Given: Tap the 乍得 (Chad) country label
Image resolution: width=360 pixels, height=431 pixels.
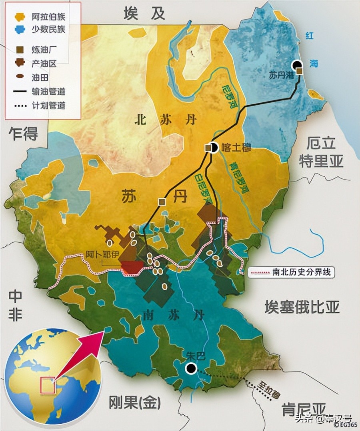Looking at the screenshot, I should (x=24, y=134).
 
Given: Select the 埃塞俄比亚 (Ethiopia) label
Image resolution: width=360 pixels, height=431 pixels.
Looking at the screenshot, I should (x=302, y=307).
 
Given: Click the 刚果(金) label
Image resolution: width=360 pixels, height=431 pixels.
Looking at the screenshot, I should (x=134, y=403).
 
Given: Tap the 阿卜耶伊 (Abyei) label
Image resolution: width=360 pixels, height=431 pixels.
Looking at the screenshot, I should (x=102, y=254).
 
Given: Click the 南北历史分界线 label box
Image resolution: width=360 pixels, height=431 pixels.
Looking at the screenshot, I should (x=291, y=273).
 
